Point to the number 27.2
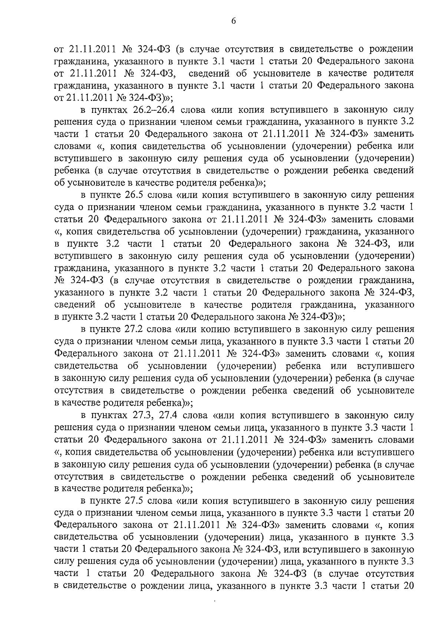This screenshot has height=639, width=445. coord(132,329)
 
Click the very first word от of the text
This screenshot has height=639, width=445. coord(59,49)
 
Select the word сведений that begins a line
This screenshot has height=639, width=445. coord(74,305)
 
